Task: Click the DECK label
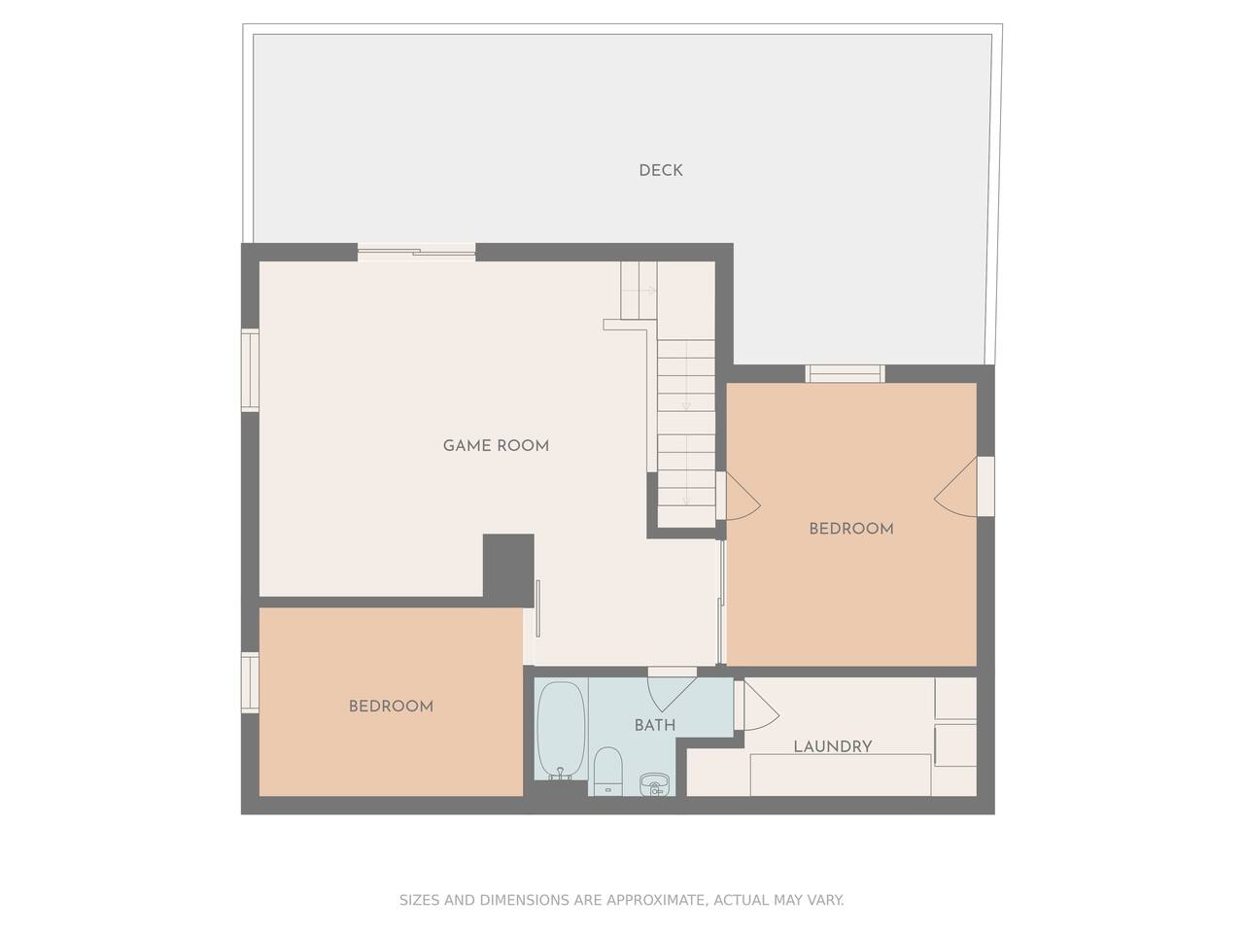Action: pyautogui.click(x=660, y=170)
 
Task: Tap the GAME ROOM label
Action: pyautogui.click(x=496, y=446)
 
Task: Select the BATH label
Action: pyautogui.click(x=655, y=725)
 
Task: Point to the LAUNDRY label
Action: pyautogui.click(x=833, y=746)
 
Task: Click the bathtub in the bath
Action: pyautogui.click(x=561, y=730)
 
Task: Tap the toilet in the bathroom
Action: pyautogui.click(x=608, y=771)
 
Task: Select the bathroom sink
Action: pyautogui.click(x=655, y=784)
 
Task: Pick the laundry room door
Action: pyautogui.click(x=758, y=706)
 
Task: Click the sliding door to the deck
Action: pyautogui.click(x=416, y=252)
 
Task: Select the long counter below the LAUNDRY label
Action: pyautogui.click(x=840, y=775)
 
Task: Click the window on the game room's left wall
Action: pyautogui.click(x=250, y=370)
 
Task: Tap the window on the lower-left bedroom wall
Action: pyautogui.click(x=250, y=682)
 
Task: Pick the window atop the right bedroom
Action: pyautogui.click(x=845, y=374)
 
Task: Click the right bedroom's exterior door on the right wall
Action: pyautogui.click(x=963, y=487)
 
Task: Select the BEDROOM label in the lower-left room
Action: pyautogui.click(x=391, y=707)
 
